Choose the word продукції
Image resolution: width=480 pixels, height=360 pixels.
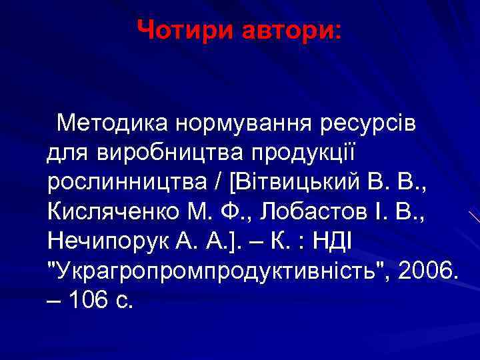pyautogui.click(x=303, y=153)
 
